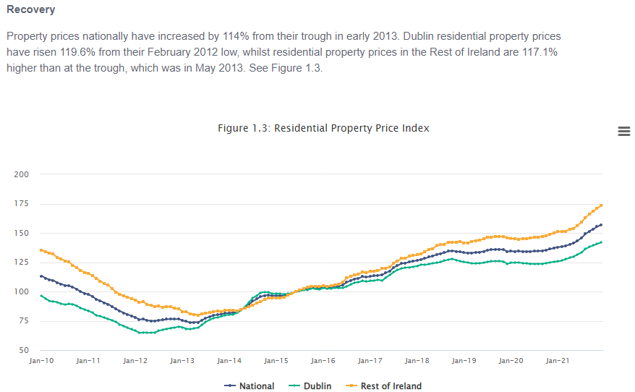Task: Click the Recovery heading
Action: (x=30, y=10)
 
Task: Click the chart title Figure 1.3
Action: (x=323, y=128)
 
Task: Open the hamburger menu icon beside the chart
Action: (x=623, y=131)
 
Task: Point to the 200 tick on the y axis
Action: (x=22, y=174)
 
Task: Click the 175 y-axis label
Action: (x=22, y=204)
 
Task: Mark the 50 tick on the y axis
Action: (x=24, y=351)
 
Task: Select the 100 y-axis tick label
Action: (x=22, y=292)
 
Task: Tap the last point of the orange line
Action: (x=601, y=205)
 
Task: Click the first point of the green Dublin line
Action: (x=41, y=296)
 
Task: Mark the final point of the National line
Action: (x=601, y=225)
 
